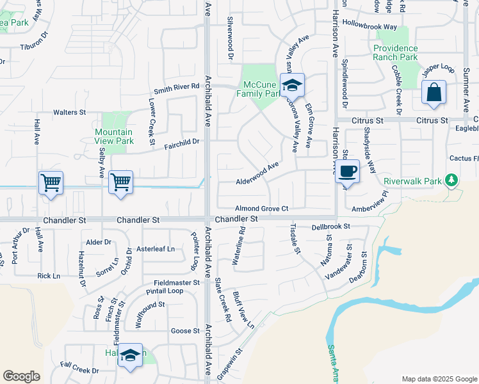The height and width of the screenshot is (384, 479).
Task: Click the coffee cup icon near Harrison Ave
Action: point(347,171)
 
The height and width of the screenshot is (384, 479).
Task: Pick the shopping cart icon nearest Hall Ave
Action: point(51,182)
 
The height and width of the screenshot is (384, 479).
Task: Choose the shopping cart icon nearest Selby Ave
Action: point(120,182)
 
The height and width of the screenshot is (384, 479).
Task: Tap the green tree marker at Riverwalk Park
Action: point(452,180)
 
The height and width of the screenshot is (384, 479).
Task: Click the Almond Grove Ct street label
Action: point(262,209)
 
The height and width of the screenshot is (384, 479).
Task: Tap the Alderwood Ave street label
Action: point(257,167)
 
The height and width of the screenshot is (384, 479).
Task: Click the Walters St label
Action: point(69,113)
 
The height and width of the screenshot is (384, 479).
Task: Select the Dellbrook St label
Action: point(330,227)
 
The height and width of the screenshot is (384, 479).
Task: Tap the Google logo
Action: point(21,376)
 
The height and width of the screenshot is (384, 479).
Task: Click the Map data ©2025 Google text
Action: point(438,378)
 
